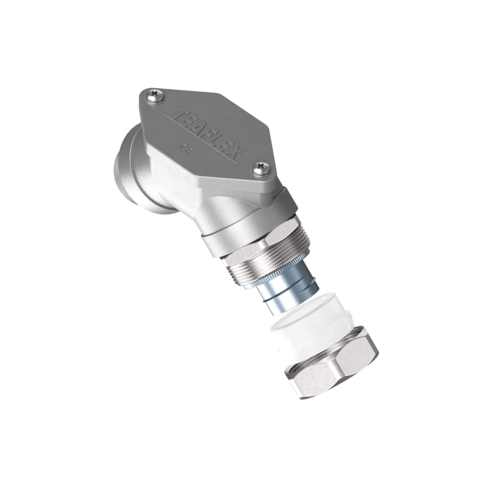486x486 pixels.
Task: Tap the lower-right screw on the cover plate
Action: point(262,168)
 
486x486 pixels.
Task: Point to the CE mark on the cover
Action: point(183,146)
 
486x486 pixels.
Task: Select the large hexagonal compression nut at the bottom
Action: point(331,364)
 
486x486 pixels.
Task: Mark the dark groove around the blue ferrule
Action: point(273,286)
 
